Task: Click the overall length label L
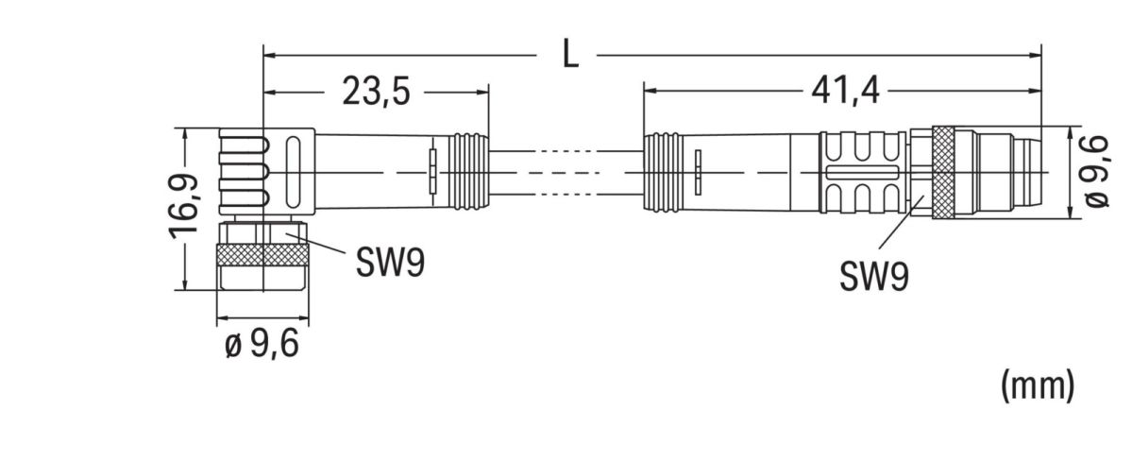pos(569,55)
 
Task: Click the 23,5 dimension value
pos(374,93)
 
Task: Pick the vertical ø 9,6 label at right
pos(1095,172)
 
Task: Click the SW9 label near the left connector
pos(390,264)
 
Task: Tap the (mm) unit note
pos(1037,385)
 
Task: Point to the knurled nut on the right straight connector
pos(944,172)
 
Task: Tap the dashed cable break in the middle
pos(566,172)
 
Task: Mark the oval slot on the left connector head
pos(292,172)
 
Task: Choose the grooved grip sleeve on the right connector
pos(864,172)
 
